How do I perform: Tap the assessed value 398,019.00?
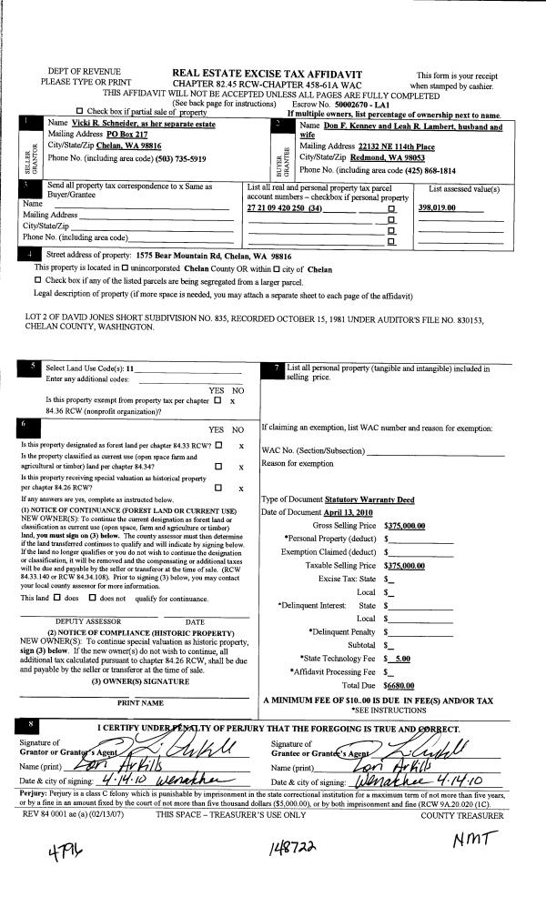tap(438, 209)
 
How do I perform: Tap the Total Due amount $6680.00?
tap(399, 685)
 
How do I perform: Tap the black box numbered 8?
tap(34, 724)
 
